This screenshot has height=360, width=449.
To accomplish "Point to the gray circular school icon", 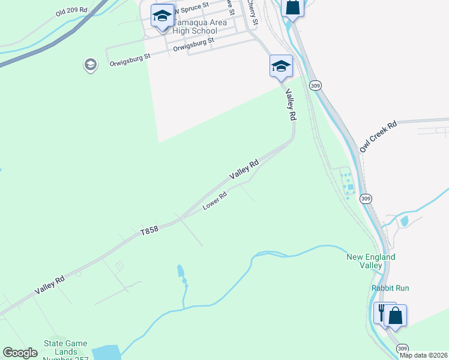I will pos(90,65).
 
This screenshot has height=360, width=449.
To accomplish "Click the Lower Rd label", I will pos(214,200).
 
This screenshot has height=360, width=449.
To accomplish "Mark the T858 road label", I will pos(149,230).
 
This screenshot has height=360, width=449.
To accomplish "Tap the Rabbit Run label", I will pos(390,288).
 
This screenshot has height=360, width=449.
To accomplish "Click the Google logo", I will pos(20,352).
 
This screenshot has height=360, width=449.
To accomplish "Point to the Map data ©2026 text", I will pos(424,355).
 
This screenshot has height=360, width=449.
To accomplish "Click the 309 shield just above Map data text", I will pos(403,347).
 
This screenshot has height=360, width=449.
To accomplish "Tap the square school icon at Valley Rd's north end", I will pos(281,67).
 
